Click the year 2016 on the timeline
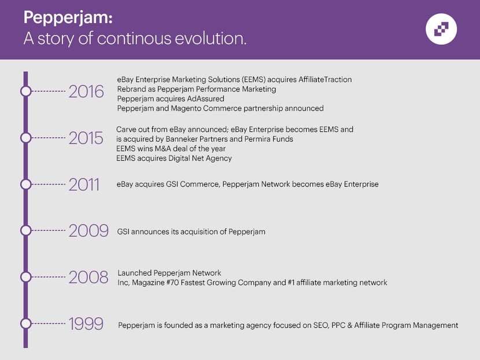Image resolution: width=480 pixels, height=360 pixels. coord(86,91)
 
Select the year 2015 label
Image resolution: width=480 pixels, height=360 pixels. coord(86,138)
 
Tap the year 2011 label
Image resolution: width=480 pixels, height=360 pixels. coord(84,185)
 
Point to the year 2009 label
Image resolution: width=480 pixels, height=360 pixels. coord(88,231)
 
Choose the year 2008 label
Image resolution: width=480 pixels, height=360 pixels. coord(88,277)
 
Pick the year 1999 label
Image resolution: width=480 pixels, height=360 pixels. coord(86,324)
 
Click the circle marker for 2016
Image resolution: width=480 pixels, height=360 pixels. coord(26,91)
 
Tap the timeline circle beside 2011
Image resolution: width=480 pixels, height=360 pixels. coord(26,184)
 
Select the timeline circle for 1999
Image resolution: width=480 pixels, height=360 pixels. coord(26,323)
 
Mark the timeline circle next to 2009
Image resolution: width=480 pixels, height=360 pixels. coord(26,230)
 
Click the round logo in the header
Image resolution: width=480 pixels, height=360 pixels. coord(441,29)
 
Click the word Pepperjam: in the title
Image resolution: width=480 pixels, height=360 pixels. coord(68,18)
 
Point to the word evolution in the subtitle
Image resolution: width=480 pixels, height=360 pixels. coord(211,39)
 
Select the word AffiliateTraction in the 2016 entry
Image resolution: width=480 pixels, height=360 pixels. coord(325,80)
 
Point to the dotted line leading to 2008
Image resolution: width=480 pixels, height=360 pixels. coord(49,277)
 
